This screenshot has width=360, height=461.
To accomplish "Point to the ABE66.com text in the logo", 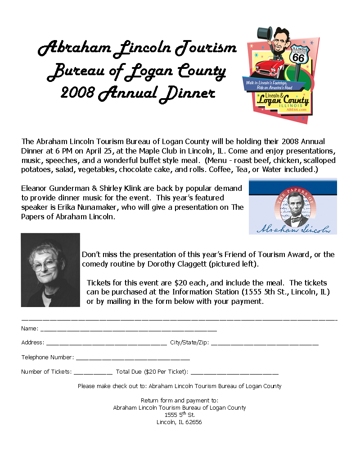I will click(296, 109).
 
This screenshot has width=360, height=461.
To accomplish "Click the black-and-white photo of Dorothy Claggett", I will click(50, 270).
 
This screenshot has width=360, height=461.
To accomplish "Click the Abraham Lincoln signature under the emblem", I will click(293, 229).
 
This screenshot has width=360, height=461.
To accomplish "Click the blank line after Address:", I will click(106, 343).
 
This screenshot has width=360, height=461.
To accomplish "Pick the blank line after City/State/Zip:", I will click(265, 343).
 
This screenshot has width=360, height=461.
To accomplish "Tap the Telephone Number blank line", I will click(133, 358).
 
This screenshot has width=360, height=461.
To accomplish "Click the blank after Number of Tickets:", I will click(93, 373).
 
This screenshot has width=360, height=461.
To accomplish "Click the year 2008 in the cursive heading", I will click(77, 93).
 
